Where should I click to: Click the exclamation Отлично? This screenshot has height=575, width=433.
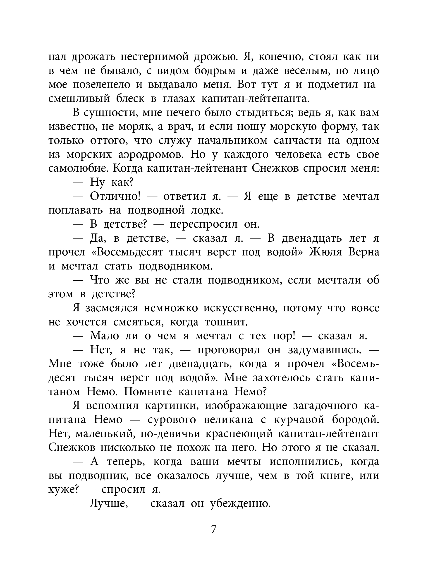(115, 197)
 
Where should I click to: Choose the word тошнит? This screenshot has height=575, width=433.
(226, 322)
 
